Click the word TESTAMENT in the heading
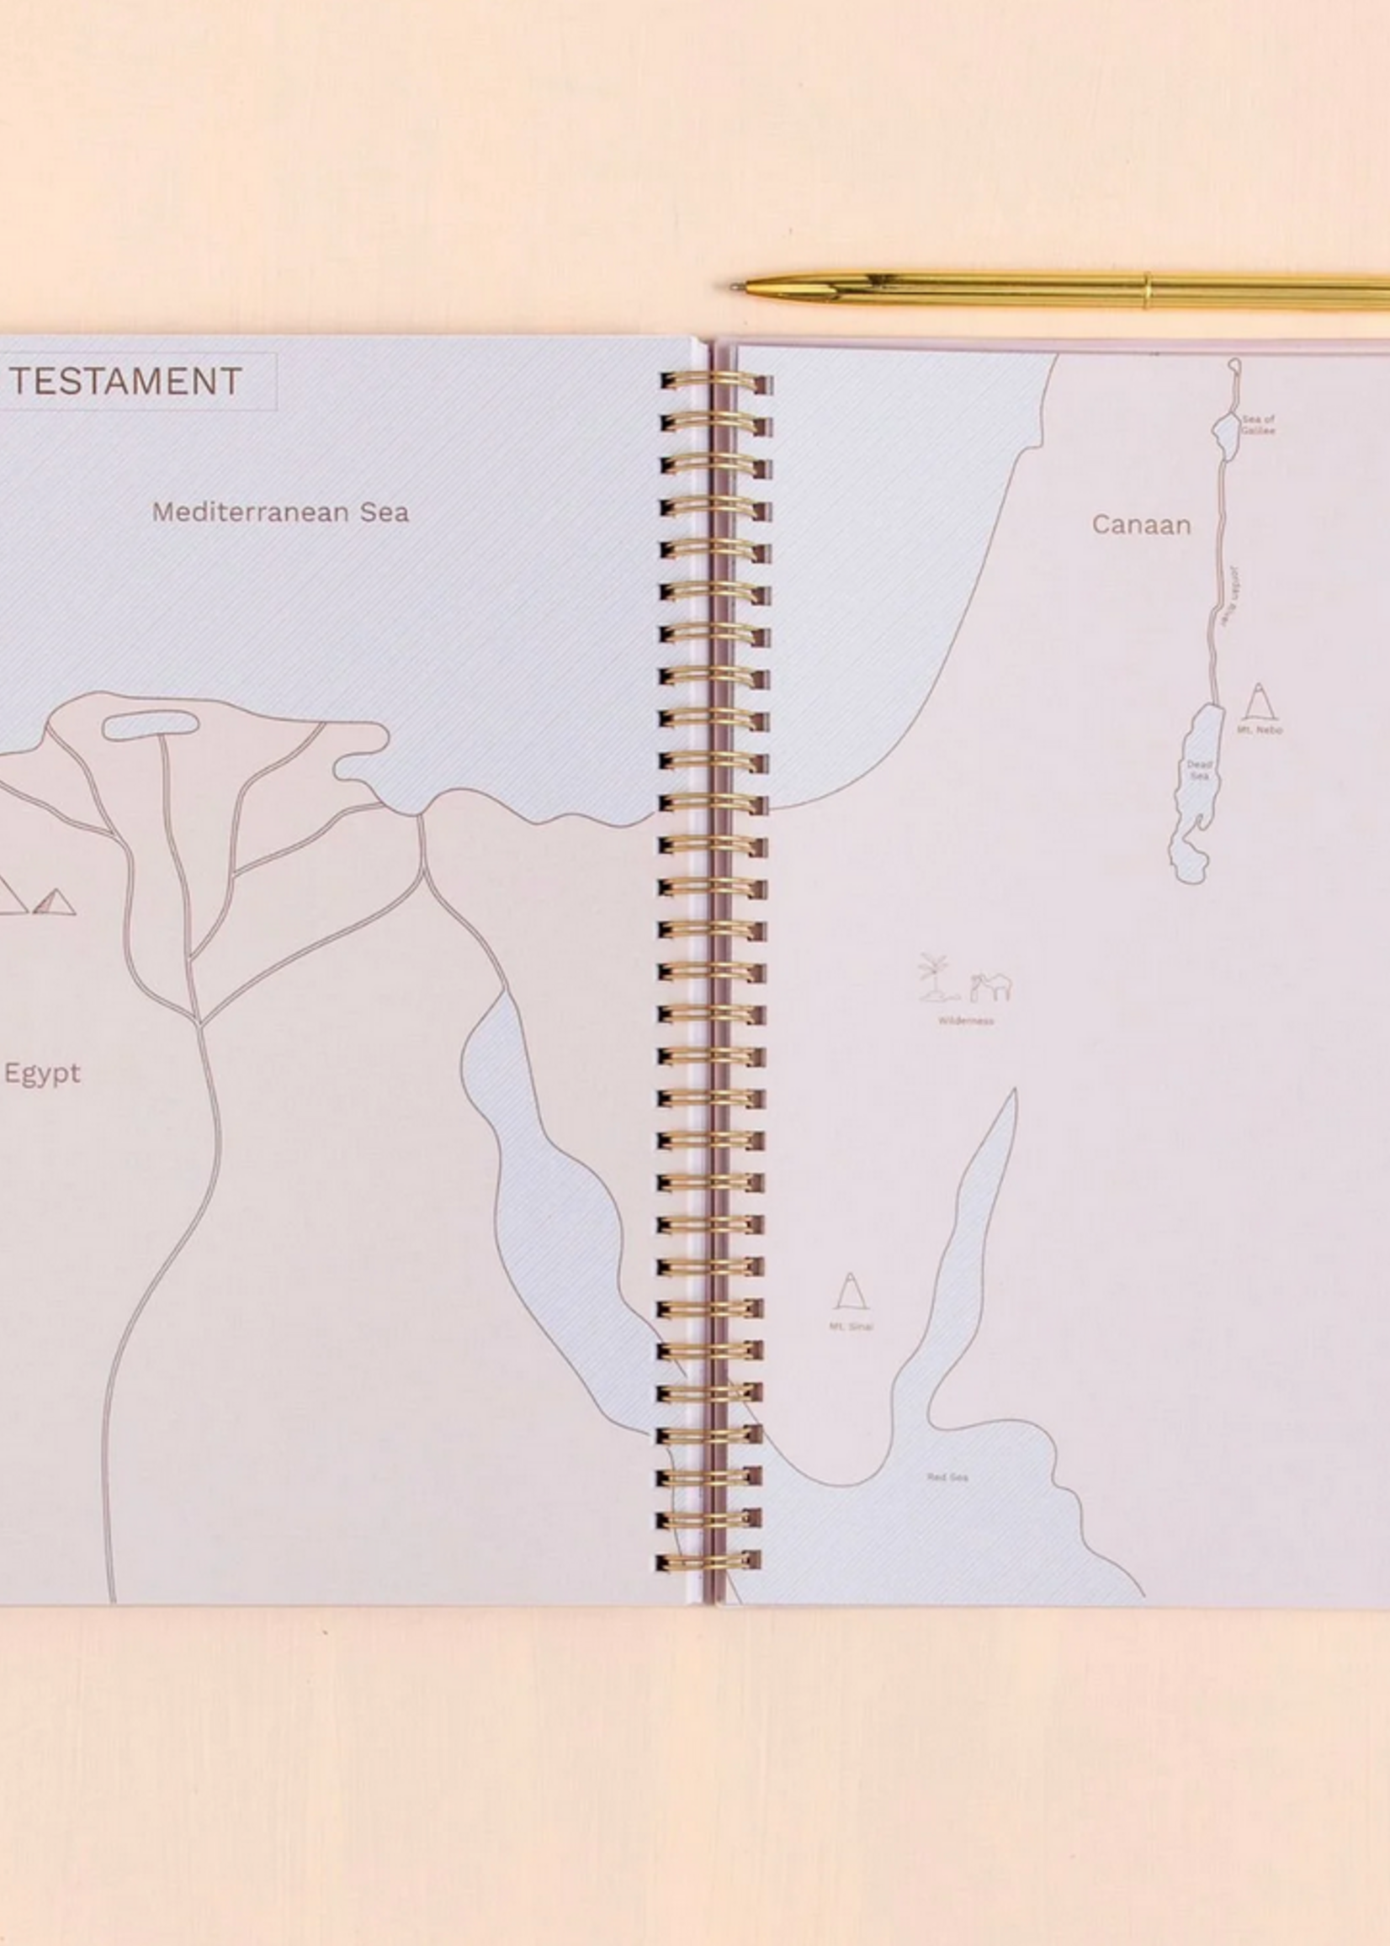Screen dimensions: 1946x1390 tap(126, 382)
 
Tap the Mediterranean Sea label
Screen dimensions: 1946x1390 tap(280, 512)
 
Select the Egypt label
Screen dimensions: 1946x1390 tap(42, 1074)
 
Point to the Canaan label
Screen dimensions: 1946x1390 tap(1141, 525)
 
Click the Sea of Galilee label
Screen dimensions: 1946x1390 tap(1258, 425)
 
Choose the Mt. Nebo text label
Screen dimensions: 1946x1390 tap(1259, 730)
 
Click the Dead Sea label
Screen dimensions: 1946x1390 tap(1198, 770)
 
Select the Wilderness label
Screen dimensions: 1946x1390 tap(964, 1020)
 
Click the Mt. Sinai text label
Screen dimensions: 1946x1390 tap(851, 1328)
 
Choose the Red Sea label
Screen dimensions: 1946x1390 tap(947, 1477)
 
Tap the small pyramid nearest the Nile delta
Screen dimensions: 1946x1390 tap(55, 903)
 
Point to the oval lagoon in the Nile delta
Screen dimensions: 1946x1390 tap(151, 725)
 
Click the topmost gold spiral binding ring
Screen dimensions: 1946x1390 tap(715, 383)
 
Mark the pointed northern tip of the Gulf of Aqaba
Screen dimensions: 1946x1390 tap(1015, 1091)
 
